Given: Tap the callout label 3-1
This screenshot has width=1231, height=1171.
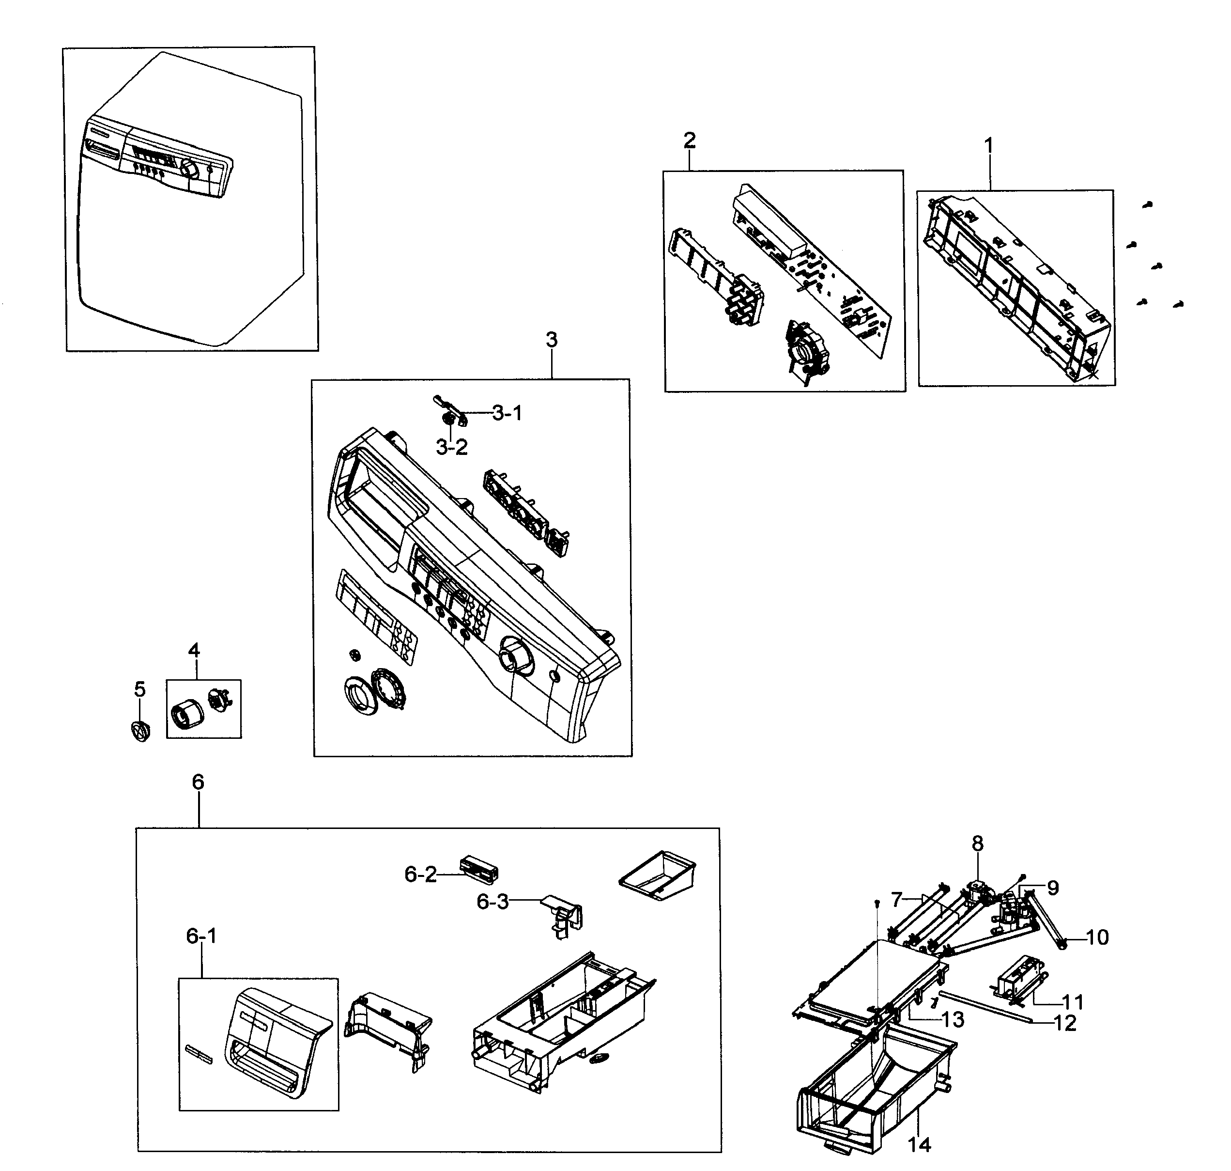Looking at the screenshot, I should click(x=507, y=413).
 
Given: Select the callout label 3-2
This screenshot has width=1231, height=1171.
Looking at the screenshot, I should click(x=452, y=448).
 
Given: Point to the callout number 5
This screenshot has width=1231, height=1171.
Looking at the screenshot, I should click(x=140, y=690).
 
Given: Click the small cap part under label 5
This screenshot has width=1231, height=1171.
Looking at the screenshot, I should click(x=141, y=730).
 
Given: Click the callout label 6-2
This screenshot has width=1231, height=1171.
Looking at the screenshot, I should click(x=420, y=875).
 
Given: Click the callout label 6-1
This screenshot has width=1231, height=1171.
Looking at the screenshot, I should click(x=201, y=937).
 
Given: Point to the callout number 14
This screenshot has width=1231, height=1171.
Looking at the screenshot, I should click(x=920, y=1144).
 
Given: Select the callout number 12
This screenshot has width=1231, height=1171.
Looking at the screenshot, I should click(x=1065, y=1023).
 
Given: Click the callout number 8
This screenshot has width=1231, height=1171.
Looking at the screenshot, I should click(x=977, y=844).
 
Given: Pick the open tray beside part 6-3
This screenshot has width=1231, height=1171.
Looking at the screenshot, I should click(x=657, y=875).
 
